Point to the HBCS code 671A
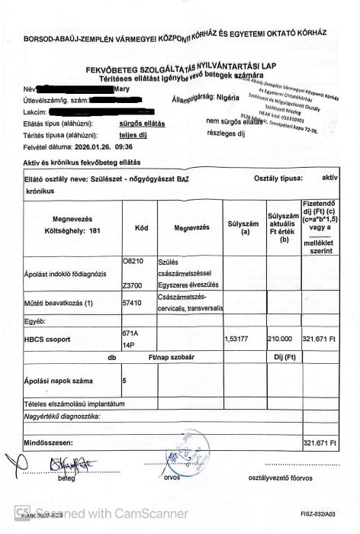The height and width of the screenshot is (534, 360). click(x=131, y=333)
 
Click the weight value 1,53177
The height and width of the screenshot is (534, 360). click(x=239, y=337)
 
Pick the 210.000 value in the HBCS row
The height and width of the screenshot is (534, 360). click(x=281, y=337)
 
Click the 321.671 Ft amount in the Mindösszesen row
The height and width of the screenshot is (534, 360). click(x=320, y=442)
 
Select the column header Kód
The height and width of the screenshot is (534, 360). click(x=141, y=227)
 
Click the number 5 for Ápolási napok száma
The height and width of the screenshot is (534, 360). click(x=125, y=379)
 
